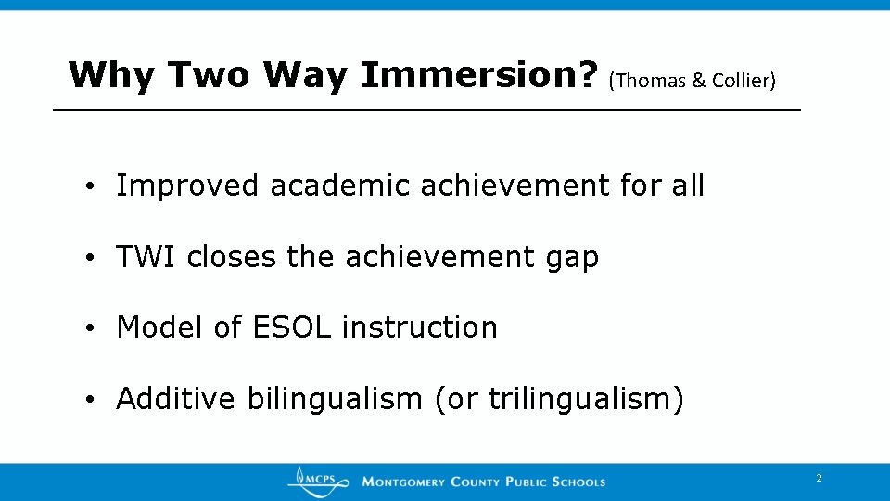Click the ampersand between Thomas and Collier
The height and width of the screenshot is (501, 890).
point(699,81)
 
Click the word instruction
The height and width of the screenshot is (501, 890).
point(420,328)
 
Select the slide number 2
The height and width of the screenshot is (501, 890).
point(819,479)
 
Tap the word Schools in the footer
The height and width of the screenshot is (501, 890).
point(578,482)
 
